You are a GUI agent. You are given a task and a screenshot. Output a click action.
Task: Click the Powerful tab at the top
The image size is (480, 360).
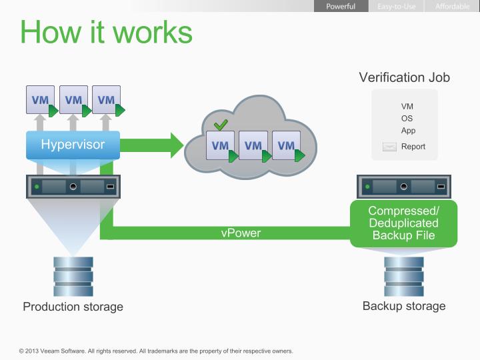[340, 7]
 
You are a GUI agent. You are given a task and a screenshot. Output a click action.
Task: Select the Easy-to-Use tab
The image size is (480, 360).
[397, 7]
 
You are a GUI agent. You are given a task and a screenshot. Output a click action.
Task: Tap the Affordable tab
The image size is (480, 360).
[452, 7]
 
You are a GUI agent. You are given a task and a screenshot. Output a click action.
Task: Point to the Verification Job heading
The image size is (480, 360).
[404, 77]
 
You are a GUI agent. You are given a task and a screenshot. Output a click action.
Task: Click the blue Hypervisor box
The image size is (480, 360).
[73, 145]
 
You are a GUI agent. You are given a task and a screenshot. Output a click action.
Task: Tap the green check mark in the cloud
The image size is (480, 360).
[221, 124]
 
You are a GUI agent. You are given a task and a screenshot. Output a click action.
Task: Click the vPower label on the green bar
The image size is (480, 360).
[241, 233]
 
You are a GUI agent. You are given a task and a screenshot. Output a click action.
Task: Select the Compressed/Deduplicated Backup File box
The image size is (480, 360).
[403, 223]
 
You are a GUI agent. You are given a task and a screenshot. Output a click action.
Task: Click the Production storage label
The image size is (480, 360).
[73, 307]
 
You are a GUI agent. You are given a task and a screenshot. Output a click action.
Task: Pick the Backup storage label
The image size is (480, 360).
[404, 306]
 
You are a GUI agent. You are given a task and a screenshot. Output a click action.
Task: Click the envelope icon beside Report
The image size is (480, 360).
[389, 147]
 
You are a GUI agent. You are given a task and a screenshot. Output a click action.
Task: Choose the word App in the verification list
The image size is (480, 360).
[408, 131]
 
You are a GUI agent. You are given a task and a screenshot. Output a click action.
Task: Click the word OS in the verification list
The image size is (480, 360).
[407, 119]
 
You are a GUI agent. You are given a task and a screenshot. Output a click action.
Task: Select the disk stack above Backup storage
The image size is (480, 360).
[403, 275]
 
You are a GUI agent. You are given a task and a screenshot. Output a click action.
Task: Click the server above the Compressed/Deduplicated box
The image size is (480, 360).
[404, 185]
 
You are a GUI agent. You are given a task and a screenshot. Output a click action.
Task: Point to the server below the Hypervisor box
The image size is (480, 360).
[73, 186]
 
